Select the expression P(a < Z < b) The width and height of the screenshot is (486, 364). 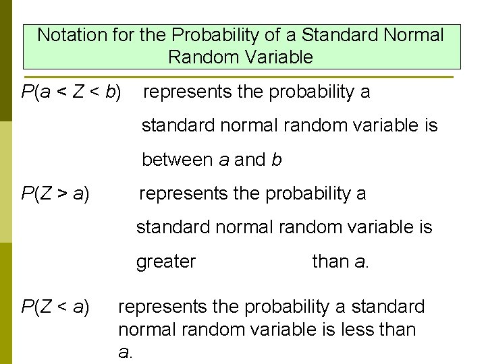pyautogui.click(x=72, y=92)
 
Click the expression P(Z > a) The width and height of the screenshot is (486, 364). pyautogui.click(x=55, y=194)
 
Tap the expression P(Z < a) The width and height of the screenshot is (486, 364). pyautogui.click(x=55, y=307)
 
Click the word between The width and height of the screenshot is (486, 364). pyautogui.click(x=177, y=160)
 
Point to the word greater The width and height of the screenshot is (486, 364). pyautogui.click(x=166, y=262)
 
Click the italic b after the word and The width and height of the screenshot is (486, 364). pyautogui.click(x=276, y=160)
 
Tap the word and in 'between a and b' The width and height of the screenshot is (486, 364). pyautogui.click(x=250, y=160)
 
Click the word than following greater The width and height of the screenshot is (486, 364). pyautogui.click(x=331, y=262)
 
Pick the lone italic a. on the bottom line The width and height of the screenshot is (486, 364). pyautogui.click(x=124, y=352)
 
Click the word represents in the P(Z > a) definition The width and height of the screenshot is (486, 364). pyautogui.click(x=183, y=194)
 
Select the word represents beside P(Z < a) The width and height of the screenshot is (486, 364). pyautogui.click(x=162, y=307)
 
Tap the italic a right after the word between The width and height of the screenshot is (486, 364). pyautogui.click(x=224, y=160)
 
